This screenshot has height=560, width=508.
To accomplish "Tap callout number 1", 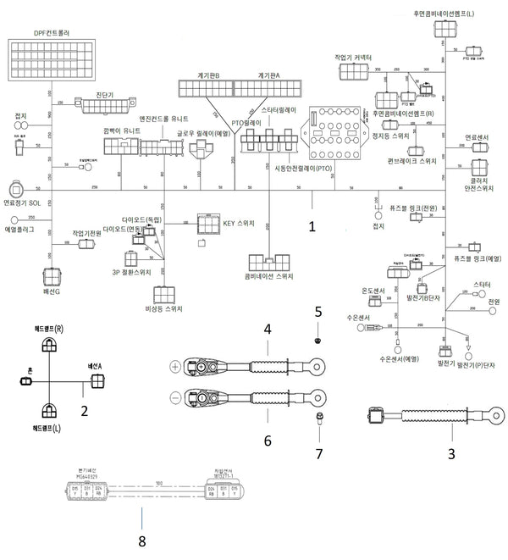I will (312, 227).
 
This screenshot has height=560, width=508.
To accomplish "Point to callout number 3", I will (450, 453).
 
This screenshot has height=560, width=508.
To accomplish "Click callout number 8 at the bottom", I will (142, 539).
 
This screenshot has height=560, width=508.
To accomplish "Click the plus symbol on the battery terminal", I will (175, 367).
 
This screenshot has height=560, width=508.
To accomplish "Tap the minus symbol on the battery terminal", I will (175, 396).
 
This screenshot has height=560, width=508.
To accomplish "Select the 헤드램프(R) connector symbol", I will (50, 345).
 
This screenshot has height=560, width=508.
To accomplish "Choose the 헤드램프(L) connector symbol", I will (50, 413).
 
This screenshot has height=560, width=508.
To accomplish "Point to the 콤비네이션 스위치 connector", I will (270, 261).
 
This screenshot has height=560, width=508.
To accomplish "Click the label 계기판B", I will (206, 75).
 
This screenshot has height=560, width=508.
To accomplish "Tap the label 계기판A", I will (268, 75).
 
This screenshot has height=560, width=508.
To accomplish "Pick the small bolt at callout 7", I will (321, 418).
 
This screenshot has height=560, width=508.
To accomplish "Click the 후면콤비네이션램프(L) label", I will (444, 14).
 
